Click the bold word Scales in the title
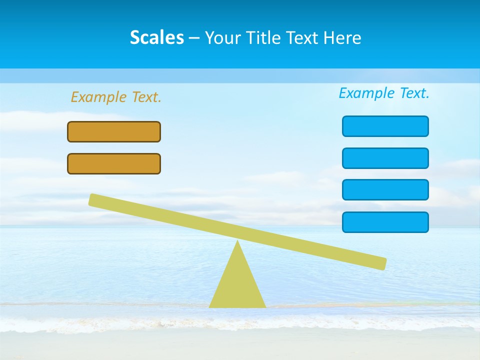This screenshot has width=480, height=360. (x=156, y=37)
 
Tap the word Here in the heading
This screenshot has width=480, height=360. (x=342, y=38)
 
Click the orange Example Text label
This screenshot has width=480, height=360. (x=116, y=97)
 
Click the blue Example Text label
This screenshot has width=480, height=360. (x=384, y=93)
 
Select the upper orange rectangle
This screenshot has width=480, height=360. (x=114, y=131)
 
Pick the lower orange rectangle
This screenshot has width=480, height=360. (x=114, y=163)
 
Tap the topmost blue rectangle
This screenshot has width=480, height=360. (x=385, y=126)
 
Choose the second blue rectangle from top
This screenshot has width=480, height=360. (x=385, y=158)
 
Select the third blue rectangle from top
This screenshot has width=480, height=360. (x=385, y=189)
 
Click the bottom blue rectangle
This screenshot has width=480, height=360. (x=385, y=222)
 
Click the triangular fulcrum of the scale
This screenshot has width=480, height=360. (x=237, y=285)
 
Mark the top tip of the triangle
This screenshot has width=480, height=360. (x=237, y=242)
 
